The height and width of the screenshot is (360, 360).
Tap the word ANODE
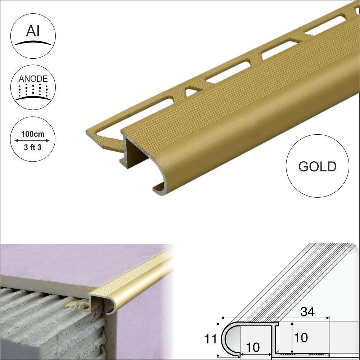33,78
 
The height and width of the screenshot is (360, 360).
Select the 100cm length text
33,134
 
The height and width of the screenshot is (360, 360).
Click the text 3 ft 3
33,148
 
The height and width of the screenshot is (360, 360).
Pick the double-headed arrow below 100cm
33,141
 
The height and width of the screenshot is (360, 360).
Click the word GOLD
317,166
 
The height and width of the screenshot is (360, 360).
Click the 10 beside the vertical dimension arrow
301,338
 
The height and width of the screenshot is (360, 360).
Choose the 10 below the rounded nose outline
253,347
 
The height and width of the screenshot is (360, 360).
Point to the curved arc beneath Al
33,43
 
